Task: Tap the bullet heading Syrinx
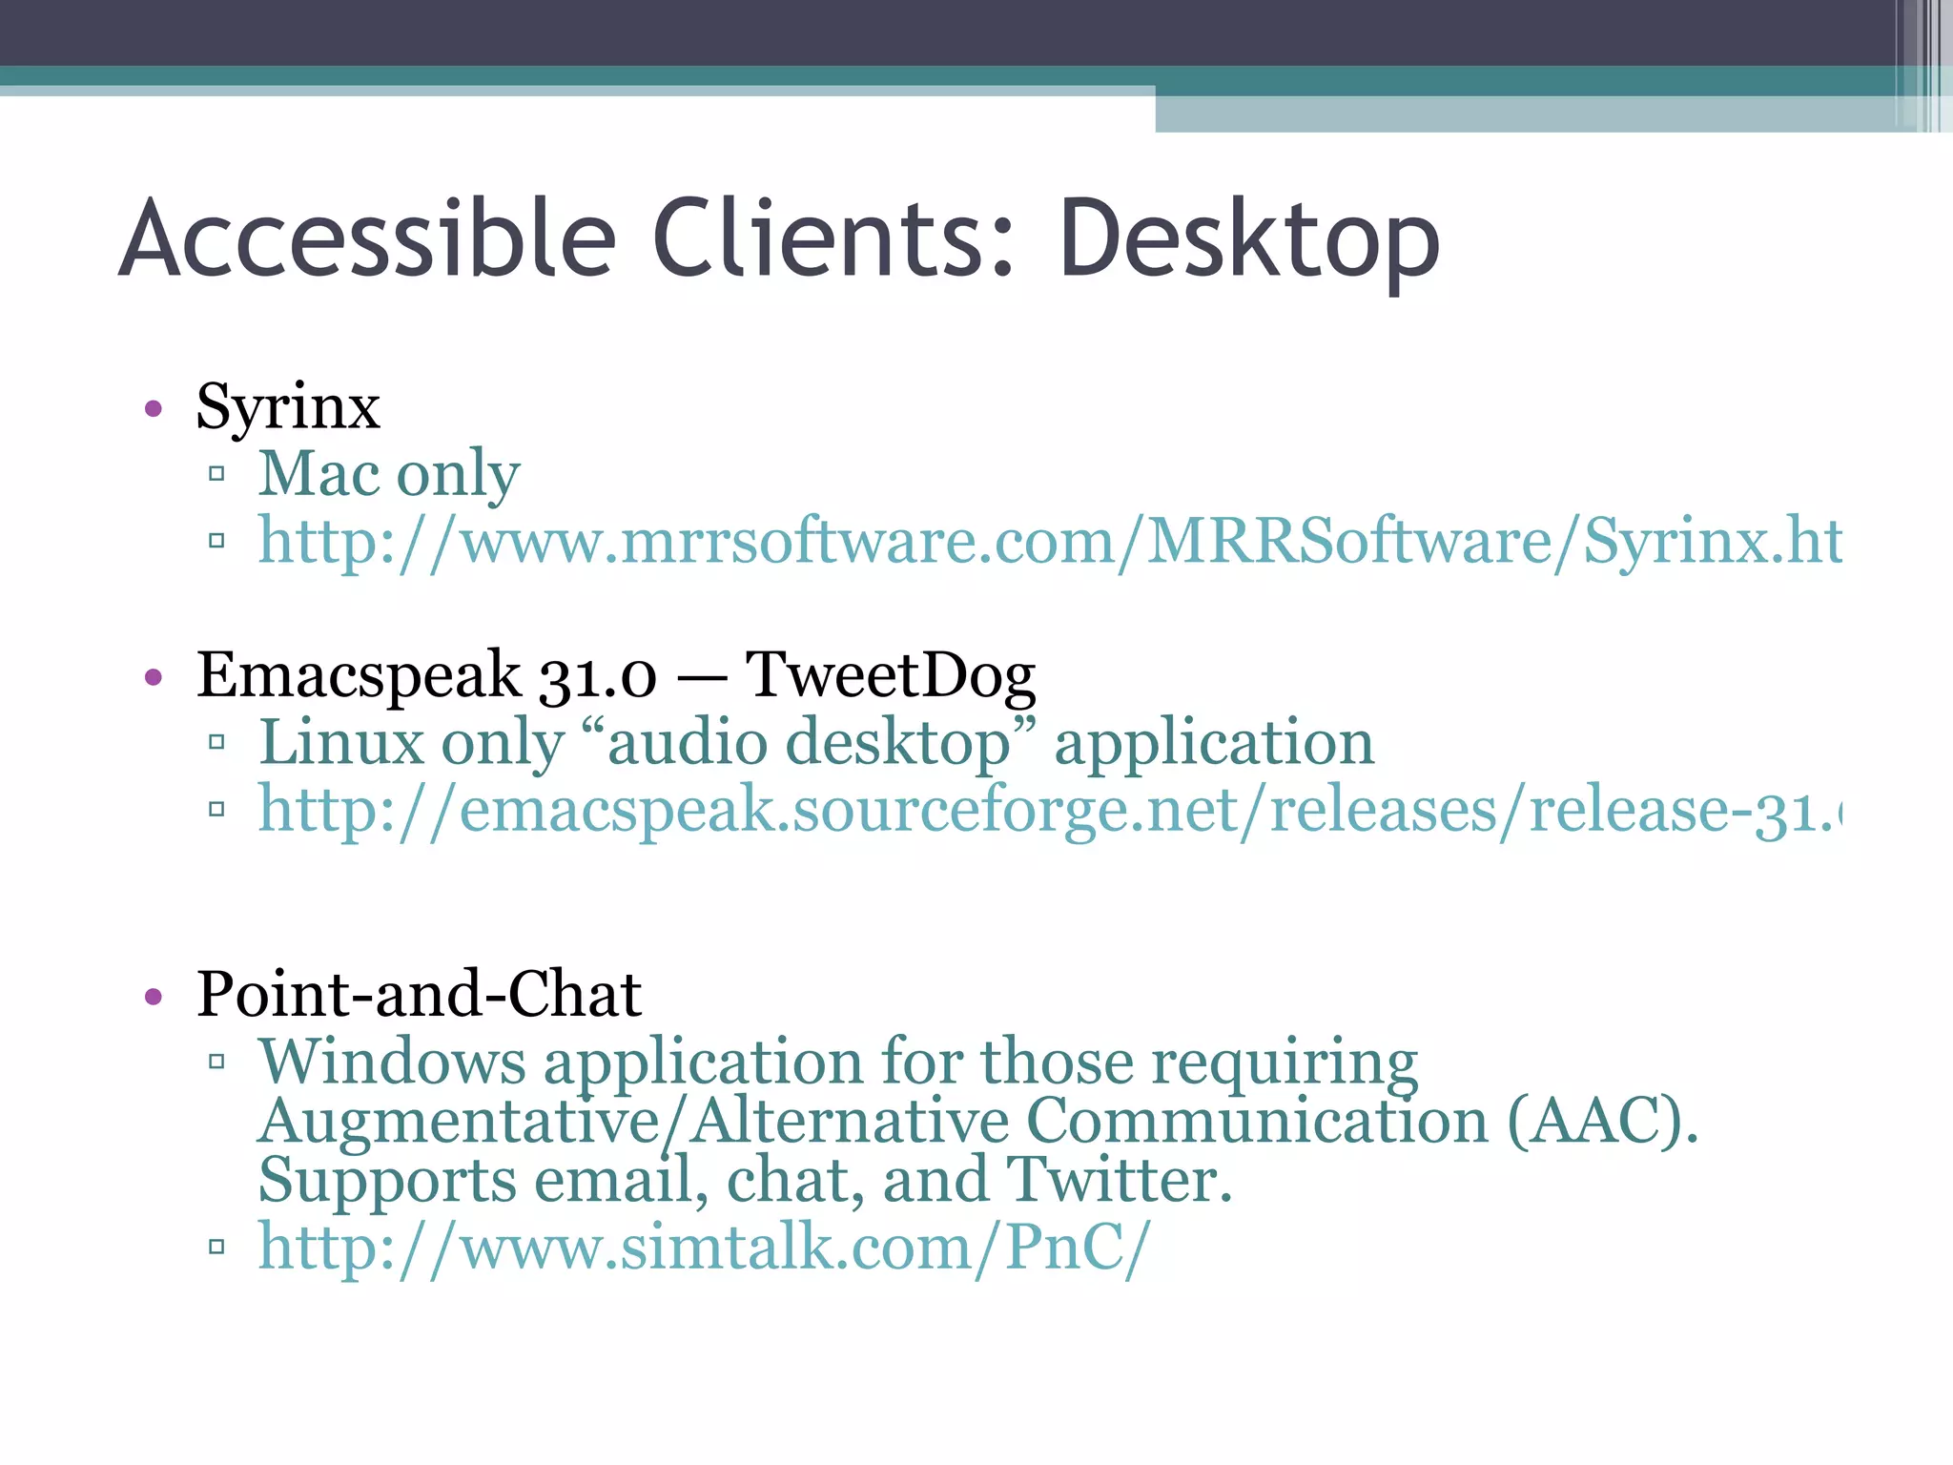(x=288, y=408)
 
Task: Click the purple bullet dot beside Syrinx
(x=154, y=409)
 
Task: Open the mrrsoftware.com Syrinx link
(x=1049, y=542)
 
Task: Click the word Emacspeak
(x=359, y=675)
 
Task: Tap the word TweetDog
(x=890, y=675)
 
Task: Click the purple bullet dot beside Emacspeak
(x=154, y=677)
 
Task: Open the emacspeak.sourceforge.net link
(x=1049, y=810)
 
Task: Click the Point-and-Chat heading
(x=419, y=994)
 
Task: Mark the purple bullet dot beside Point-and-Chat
(x=154, y=997)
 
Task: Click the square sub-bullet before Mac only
(x=216, y=473)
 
